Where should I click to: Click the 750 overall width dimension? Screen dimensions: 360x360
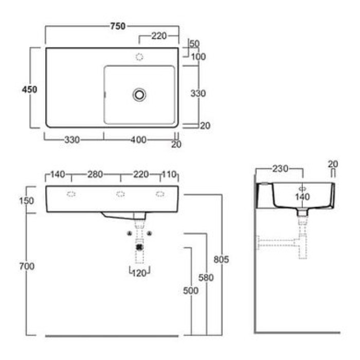click(x=118, y=26)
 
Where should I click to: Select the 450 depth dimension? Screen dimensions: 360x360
click(x=29, y=89)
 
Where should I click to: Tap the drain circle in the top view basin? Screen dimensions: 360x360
click(x=139, y=95)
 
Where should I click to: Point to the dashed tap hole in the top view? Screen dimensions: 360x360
click(x=139, y=57)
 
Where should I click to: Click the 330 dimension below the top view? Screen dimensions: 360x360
click(x=72, y=139)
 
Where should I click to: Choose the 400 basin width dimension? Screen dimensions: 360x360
click(x=138, y=139)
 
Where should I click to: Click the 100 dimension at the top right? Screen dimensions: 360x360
click(x=199, y=57)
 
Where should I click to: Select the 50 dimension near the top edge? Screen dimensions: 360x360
click(x=195, y=44)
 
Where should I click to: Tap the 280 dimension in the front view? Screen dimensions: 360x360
click(x=95, y=174)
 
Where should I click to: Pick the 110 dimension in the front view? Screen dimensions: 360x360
click(x=169, y=174)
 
